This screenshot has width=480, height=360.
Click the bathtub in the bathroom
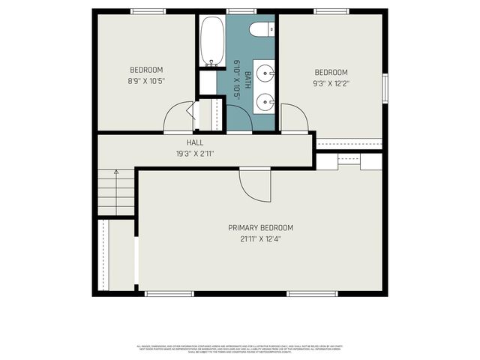point(211,41)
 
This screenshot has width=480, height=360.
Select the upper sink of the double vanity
point(264,73)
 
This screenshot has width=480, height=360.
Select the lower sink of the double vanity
point(264,101)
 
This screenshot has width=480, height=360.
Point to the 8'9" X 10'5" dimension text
point(146,81)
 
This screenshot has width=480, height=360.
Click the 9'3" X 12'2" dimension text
point(331,83)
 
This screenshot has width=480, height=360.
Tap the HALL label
point(195,142)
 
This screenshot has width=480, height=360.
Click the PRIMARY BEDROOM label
point(260,228)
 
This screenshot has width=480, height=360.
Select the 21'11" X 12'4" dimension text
point(260,239)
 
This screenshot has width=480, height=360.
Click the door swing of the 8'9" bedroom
point(178,118)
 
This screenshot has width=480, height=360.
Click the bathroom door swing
point(238,118)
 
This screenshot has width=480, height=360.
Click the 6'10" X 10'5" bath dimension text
point(236,79)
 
